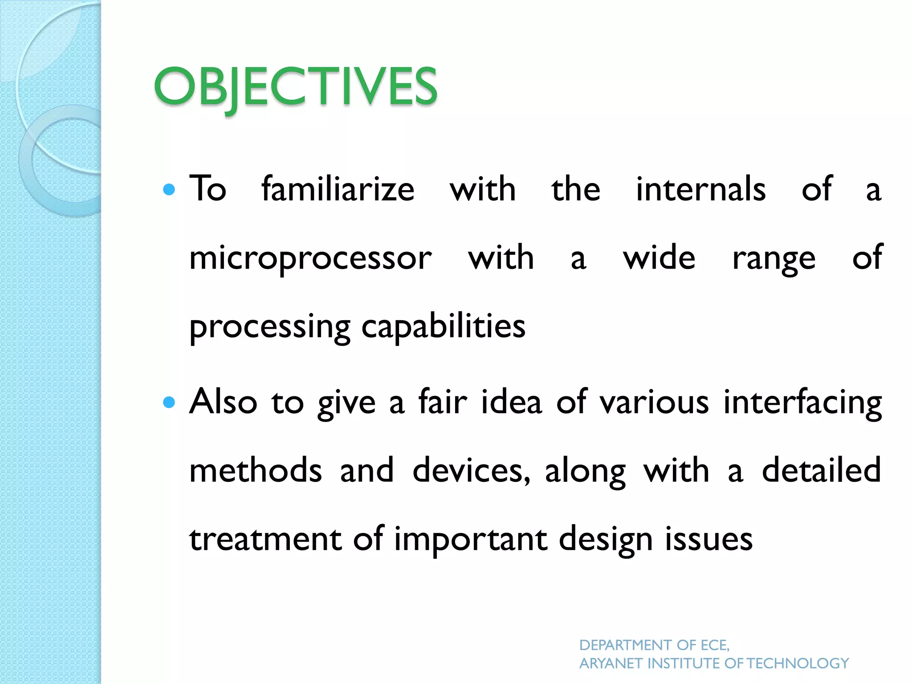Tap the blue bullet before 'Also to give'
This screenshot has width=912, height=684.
pos(169,403)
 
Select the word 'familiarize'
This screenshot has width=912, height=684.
pos(338,189)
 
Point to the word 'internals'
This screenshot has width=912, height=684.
pos(700,189)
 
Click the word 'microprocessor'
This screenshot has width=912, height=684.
pos(310,259)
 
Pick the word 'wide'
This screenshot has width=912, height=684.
pos(659,258)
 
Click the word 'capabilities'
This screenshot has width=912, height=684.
pos(443,326)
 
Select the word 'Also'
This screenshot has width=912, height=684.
pos(223,402)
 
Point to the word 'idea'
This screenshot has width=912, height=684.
pos(511,402)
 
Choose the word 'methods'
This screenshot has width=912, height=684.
pos(256,470)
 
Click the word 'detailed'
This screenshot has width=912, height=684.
pos(821,470)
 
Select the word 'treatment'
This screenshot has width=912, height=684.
pos(265,539)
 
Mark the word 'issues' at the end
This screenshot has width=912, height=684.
pos(708,539)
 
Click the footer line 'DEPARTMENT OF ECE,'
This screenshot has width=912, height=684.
pos(654,645)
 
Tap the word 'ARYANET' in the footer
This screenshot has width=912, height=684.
pos(611,664)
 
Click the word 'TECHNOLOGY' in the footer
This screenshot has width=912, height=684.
pos(798,664)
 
